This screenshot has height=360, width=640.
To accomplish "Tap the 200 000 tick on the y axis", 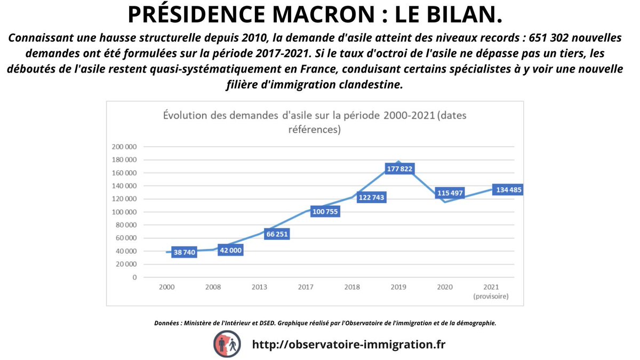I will (124, 147).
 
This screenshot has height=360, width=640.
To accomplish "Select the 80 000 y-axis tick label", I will (125, 225).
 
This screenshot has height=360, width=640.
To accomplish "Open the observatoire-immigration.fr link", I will (348, 344).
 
